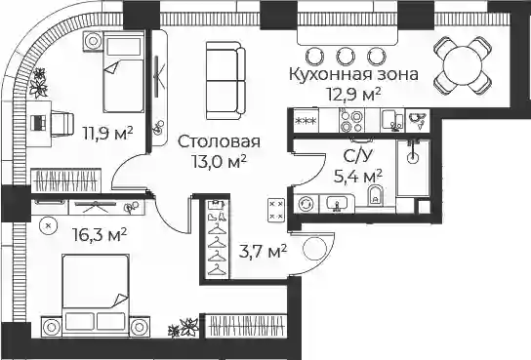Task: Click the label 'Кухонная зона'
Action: [353, 74]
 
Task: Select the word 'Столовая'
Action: [219, 141]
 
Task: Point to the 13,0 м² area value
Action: [219, 161]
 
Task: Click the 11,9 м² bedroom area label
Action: [108, 133]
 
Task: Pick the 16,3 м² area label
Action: [100, 235]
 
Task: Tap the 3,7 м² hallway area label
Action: [263, 252]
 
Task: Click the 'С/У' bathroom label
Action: [357, 156]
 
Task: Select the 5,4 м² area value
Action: [358, 177]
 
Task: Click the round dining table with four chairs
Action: [463, 65]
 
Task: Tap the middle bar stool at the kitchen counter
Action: [346, 56]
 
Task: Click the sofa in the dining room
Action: [225, 81]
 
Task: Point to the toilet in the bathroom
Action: [375, 195]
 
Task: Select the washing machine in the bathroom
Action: [306, 204]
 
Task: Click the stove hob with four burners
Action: [351, 120]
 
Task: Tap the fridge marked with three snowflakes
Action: [306, 120]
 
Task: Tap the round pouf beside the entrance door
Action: [315, 249]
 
